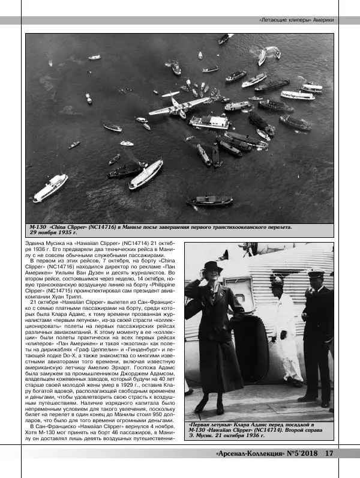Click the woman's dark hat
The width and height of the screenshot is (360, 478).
click(212, 266)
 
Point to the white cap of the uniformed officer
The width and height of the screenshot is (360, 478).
click(316, 273)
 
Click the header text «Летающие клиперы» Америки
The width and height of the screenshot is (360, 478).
click(296, 20)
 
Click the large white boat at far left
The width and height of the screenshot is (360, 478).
click(50, 187)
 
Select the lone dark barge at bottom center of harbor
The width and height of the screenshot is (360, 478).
click(209, 201)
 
